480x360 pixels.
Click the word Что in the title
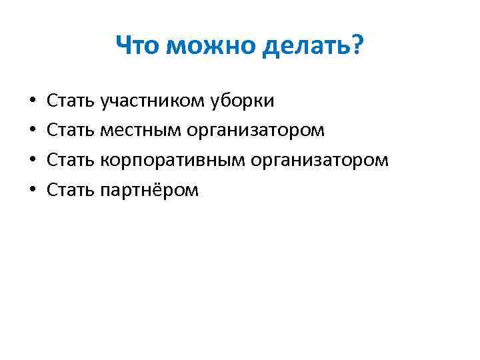click(x=139, y=47)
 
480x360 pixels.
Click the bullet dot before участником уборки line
click(x=33, y=101)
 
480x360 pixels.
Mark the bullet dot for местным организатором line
click(x=33, y=131)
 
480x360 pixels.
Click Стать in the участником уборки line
click(x=71, y=101)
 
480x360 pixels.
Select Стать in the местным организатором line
click(x=71, y=131)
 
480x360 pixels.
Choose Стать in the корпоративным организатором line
click(x=71, y=161)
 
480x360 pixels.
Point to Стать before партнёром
click(x=71, y=191)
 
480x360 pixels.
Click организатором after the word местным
click(x=256, y=131)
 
